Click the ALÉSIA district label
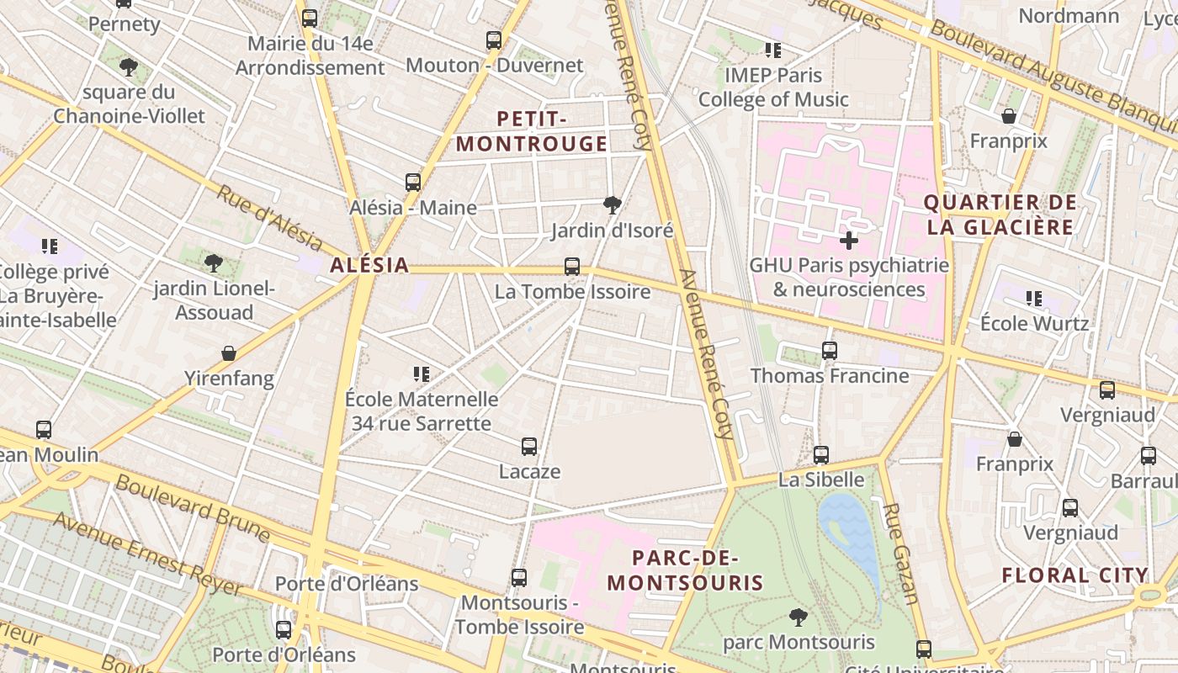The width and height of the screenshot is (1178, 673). point(369,265)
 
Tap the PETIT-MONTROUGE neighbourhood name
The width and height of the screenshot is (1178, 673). point(531,131)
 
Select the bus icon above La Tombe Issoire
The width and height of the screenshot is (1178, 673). point(572,267)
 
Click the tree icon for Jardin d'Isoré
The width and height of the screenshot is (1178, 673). point(613,204)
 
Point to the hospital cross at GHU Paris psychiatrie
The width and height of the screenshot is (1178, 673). point(849,241)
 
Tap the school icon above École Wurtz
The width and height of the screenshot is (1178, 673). point(1034,298)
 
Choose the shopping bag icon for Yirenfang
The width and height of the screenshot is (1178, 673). point(228,353)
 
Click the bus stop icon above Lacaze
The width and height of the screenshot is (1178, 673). point(529,447)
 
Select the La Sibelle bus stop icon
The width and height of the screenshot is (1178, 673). point(821,455)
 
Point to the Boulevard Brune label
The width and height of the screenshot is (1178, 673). point(193,508)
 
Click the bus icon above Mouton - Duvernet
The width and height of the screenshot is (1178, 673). point(494,40)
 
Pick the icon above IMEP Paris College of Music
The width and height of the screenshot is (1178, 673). point(773,50)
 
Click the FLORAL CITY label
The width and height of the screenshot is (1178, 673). point(1075,575)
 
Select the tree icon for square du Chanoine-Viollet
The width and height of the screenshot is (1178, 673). point(129,67)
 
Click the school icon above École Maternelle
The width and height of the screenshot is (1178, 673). point(422,374)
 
